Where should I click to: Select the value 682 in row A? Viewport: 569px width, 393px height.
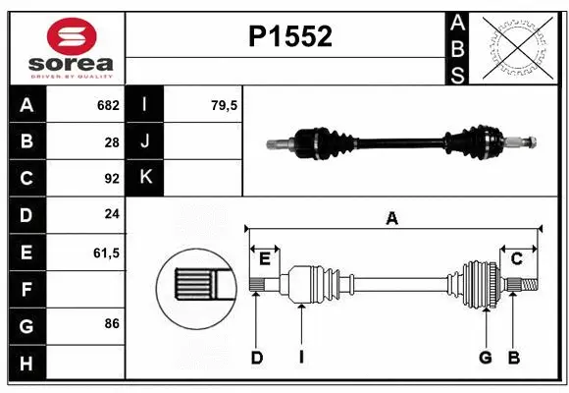click(x=107, y=105)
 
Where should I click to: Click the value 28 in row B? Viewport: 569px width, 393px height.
click(x=111, y=141)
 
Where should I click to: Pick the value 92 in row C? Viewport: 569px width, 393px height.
click(x=111, y=179)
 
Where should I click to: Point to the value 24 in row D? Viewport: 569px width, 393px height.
click(x=111, y=215)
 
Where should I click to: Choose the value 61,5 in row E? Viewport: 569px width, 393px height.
click(x=105, y=253)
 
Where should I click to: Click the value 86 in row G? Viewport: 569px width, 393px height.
click(x=111, y=323)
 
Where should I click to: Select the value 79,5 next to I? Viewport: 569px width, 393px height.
click(x=225, y=105)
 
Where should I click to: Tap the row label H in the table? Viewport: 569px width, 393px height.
click(x=26, y=364)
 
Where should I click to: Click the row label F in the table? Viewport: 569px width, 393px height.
click(x=26, y=290)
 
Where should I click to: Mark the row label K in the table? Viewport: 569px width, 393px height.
click(x=146, y=178)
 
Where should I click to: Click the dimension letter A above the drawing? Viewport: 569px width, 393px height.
click(x=392, y=218)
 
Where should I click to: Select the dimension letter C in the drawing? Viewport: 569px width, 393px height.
click(x=516, y=258)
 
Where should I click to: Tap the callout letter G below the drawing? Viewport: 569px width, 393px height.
click(x=485, y=358)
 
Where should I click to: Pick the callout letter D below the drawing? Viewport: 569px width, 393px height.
click(x=256, y=358)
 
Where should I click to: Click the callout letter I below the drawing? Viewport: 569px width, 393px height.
click(x=302, y=358)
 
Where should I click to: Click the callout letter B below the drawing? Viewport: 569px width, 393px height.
click(x=512, y=358)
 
